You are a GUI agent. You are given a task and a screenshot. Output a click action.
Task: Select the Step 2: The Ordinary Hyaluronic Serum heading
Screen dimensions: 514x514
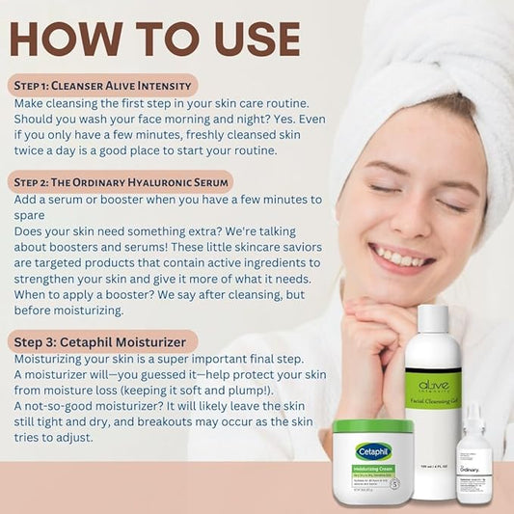[122, 181]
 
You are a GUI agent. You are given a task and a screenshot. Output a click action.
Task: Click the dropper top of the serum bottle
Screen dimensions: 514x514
[473, 415]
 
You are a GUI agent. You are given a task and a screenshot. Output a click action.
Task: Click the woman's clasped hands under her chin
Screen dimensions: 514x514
[376, 333]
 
